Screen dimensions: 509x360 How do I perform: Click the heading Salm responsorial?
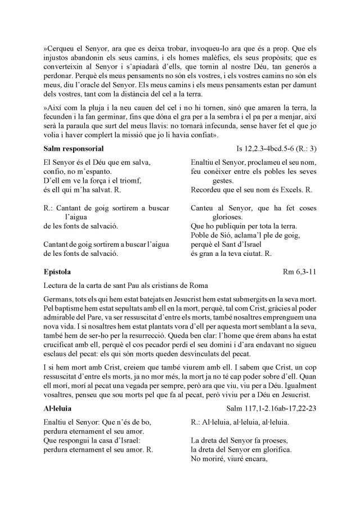73,149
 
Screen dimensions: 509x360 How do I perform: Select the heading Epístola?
58,272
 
